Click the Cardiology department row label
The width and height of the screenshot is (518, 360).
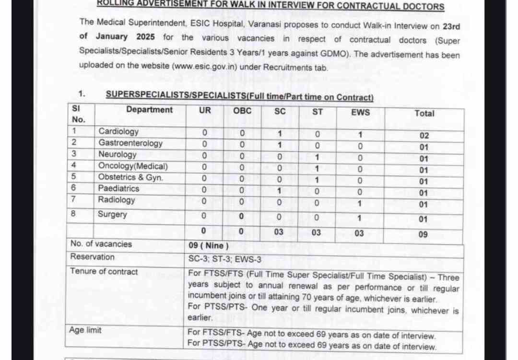pos(118,131)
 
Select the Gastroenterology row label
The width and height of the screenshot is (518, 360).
pos(130,143)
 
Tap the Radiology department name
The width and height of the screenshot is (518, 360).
pos(117,200)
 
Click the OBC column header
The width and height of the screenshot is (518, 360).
pos(242,111)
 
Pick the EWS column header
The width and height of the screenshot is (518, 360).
pos(360,112)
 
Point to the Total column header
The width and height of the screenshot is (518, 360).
pos(424,114)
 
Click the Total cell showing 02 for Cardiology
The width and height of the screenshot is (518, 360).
pos(424,136)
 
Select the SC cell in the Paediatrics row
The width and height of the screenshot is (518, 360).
pos(280,190)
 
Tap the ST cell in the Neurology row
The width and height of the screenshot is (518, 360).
pos(317,157)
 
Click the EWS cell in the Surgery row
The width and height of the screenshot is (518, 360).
pos(359,219)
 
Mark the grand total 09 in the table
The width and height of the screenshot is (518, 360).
pos(423,235)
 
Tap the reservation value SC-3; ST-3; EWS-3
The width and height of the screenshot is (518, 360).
pos(225,259)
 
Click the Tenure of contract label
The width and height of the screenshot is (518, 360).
pos(104,271)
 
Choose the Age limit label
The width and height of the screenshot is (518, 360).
pos(85,330)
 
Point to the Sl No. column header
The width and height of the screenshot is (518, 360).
pos(78,115)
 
